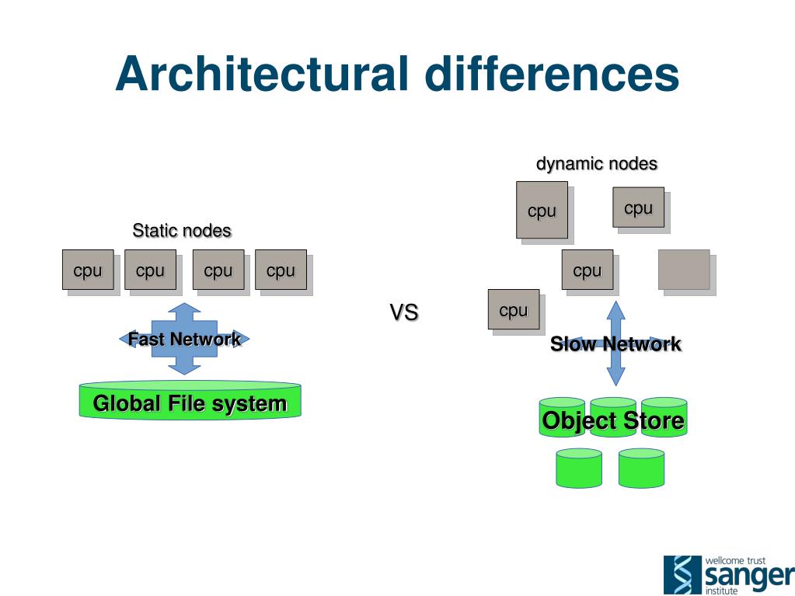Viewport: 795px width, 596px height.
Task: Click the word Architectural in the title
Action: (x=262, y=75)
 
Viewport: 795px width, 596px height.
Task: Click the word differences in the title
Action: (x=552, y=75)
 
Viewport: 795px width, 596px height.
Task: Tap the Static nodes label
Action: (x=182, y=231)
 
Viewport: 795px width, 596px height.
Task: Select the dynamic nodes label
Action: (x=596, y=164)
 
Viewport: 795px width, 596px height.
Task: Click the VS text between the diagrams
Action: (x=403, y=313)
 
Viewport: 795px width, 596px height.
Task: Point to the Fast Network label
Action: (x=184, y=339)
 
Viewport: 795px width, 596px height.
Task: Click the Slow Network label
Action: (x=615, y=344)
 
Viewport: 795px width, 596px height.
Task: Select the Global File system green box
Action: (x=190, y=403)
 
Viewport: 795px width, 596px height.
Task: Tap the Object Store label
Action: (x=613, y=421)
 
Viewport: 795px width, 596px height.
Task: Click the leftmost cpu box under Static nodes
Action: (x=88, y=270)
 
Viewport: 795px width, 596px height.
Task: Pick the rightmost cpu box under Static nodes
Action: (x=281, y=270)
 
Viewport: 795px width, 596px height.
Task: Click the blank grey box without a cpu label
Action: (x=684, y=270)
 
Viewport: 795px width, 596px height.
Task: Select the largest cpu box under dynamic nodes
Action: (x=542, y=210)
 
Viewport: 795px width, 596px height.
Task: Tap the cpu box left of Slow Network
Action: (x=514, y=309)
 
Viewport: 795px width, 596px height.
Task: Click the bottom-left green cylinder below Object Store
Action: (x=579, y=468)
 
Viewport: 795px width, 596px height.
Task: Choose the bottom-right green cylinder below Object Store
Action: (x=641, y=468)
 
